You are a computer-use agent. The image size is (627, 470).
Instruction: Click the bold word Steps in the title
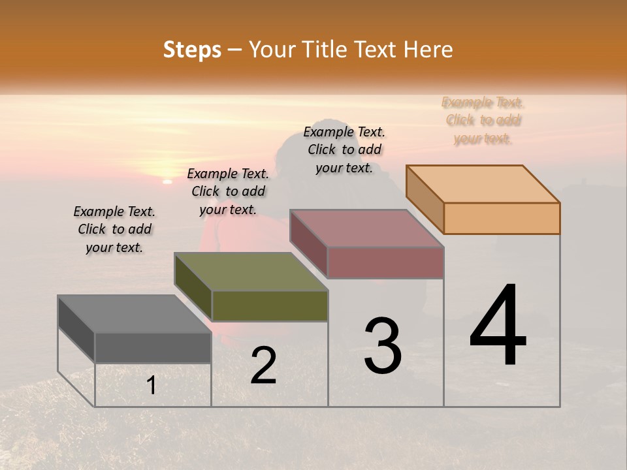[x=192, y=50]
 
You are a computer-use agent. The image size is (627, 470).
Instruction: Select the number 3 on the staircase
[x=382, y=345]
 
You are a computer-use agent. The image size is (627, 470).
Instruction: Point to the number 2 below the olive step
[x=263, y=366]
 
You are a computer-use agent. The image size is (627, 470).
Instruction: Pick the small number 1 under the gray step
[x=151, y=386]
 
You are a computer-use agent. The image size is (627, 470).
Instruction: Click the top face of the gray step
[x=135, y=314]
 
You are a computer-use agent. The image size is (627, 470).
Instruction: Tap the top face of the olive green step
[x=251, y=272]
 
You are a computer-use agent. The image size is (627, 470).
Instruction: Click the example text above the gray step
[x=114, y=229]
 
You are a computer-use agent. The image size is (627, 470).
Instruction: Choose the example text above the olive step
[x=228, y=191]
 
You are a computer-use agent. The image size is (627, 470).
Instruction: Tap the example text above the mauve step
[x=344, y=149]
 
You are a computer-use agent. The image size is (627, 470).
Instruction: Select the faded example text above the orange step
[x=483, y=120]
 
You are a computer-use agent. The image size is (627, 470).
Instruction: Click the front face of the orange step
[x=502, y=218]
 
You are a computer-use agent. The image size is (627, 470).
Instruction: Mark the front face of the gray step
[x=153, y=347]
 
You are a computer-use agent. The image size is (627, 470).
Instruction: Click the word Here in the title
[x=428, y=50]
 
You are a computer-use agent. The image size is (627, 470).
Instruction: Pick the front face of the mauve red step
[x=385, y=262]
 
